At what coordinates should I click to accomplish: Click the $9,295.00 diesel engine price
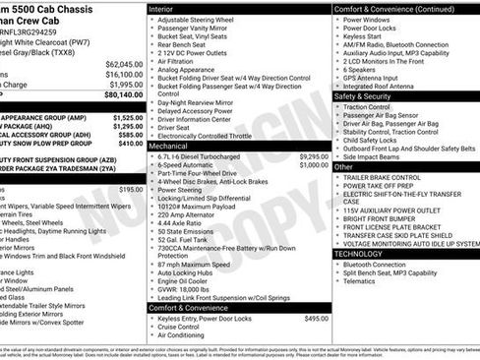tap(312, 155)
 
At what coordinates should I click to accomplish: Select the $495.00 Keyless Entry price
tap(316, 319)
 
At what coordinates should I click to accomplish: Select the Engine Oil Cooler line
tap(185, 280)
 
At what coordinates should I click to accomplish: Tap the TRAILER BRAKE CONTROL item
tap(390, 178)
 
